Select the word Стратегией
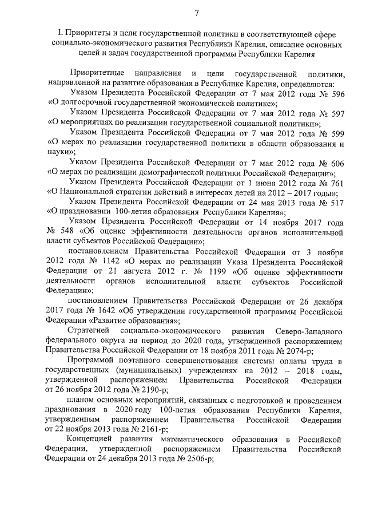point(90,333)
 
